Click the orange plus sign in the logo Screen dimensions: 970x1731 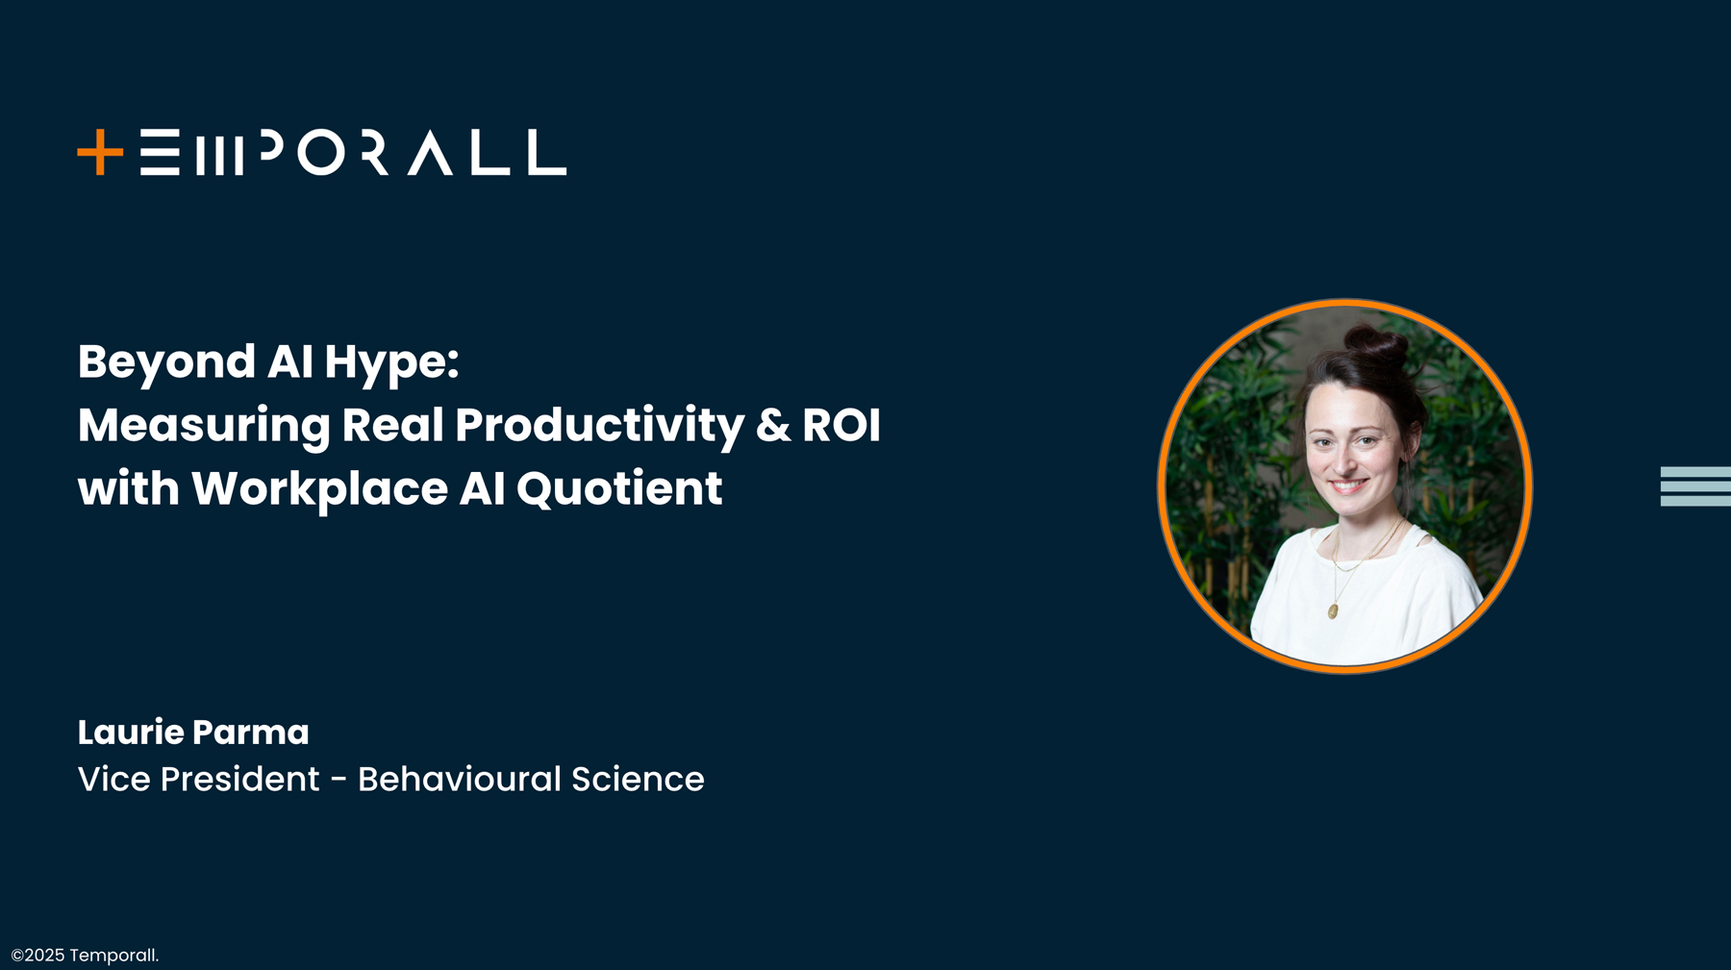(100, 153)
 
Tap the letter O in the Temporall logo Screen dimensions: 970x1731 (320, 153)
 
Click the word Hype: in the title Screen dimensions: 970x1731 (391, 363)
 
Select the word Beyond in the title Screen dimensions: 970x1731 (166, 363)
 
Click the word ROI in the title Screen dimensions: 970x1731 (841, 425)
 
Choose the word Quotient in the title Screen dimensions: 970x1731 (618, 489)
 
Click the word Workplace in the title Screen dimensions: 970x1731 (319, 489)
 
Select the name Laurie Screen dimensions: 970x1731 (131, 733)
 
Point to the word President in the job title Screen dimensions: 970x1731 (239, 779)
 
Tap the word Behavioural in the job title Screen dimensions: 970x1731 (459, 779)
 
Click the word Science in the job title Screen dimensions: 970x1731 (638, 779)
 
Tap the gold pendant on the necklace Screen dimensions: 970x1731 (1333, 610)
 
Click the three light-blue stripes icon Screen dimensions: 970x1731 (1694, 486)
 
